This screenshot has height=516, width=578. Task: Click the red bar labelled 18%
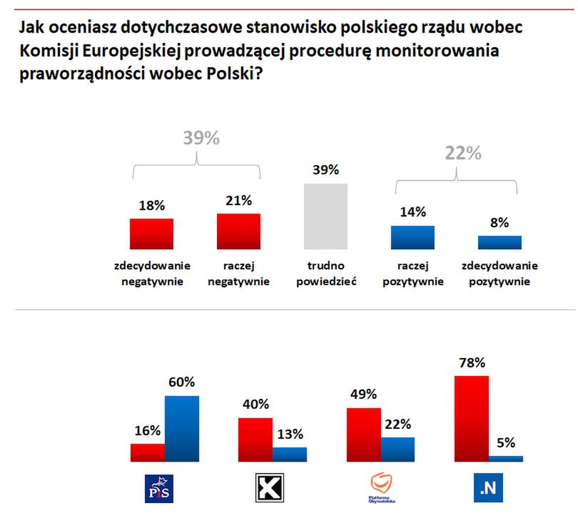coord(151,233)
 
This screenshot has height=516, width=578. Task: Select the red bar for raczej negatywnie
coord(239,231)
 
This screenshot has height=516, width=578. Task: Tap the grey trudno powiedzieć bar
coord(326,216)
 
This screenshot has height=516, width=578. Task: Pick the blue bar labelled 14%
coord(412,237)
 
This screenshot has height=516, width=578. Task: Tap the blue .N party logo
coord(487,488)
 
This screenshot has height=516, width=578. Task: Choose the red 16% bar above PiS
coord(148,452)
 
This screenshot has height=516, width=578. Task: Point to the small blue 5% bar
coord(506,458)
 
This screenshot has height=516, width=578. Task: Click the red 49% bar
coord(363,435)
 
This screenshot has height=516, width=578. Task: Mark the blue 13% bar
coord(290,454)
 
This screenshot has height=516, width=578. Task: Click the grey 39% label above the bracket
coord(201,139)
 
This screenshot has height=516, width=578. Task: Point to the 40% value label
coord(255,405)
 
